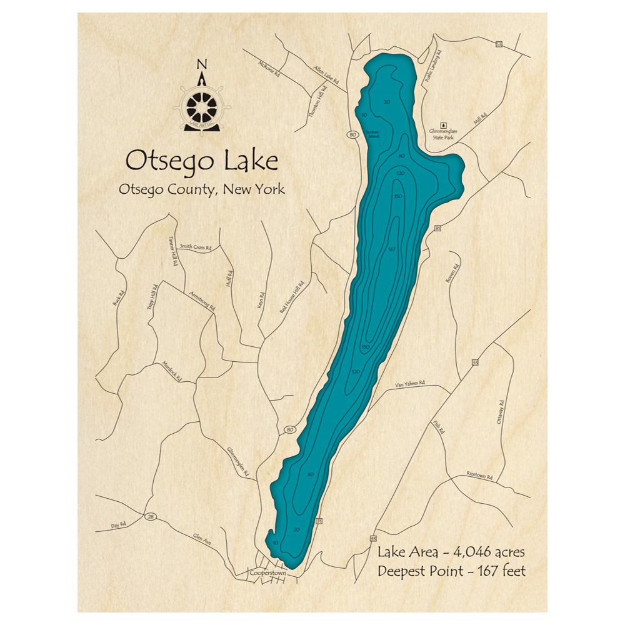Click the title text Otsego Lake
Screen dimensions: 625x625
click(x=201, y=161)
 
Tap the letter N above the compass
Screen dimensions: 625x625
click(x=201, y=64)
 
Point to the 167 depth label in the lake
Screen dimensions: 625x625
click(x=392, y=250)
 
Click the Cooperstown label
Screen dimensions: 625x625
click(x=267, y=572)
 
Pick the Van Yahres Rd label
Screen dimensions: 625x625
click(x=410, y=383)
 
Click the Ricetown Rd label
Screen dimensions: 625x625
click(x=479, y=476)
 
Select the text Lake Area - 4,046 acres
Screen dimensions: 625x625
click(x=451, y=552)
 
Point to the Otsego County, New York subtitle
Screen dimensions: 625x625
click(x=201, y=189)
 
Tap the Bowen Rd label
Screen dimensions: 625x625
click(x=452, y=275)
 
